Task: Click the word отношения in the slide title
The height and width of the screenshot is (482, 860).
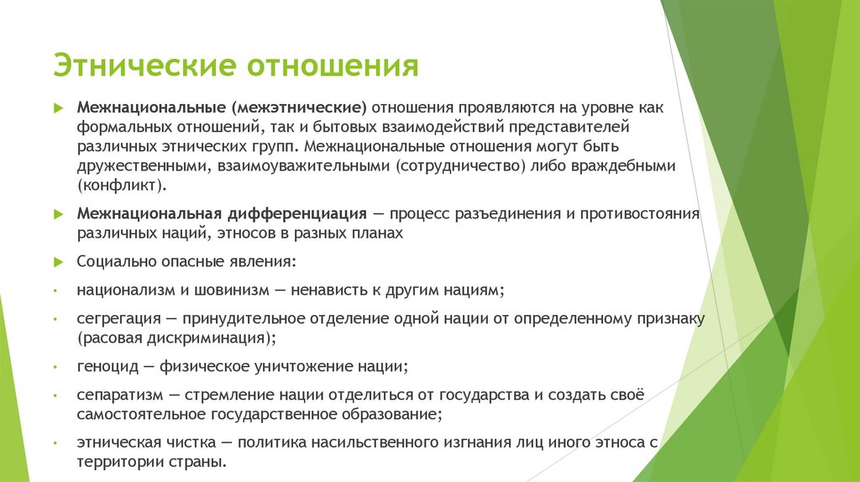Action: [332, 65]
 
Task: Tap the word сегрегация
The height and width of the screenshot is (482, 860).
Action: [114, 319]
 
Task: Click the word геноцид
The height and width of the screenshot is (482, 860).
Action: [104, 367]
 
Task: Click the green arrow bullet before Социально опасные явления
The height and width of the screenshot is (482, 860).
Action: [58, 262]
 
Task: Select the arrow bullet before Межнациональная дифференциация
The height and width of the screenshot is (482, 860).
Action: [58, 214]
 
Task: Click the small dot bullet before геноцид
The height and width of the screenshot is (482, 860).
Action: [55, 368]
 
